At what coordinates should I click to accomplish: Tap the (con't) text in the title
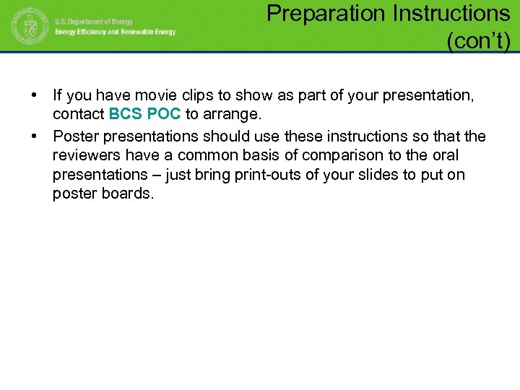(479, 42)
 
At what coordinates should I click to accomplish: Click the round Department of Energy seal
(28, 26)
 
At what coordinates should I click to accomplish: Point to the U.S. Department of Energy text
(93, 22)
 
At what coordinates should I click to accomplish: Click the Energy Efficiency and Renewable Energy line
(116, 32)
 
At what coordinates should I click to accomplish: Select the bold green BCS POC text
(144, 114)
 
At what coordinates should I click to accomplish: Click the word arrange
(233, 114)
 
